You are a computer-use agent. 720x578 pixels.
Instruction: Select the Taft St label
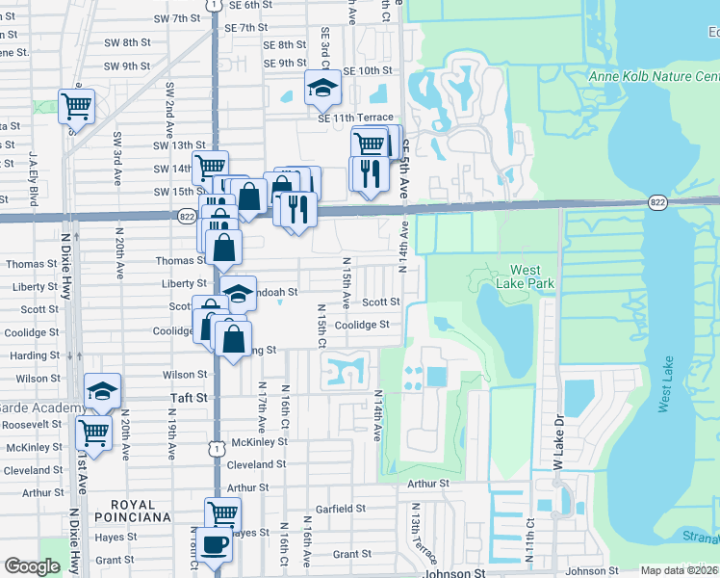[x=189, y=397]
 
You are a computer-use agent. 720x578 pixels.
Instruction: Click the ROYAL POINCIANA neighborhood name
[x=140, y=511]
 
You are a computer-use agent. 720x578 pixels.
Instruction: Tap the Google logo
[x=32, y=566]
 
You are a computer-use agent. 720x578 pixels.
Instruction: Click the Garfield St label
[x=341, y=508]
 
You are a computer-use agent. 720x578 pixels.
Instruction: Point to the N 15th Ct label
[x=322, y=327]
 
